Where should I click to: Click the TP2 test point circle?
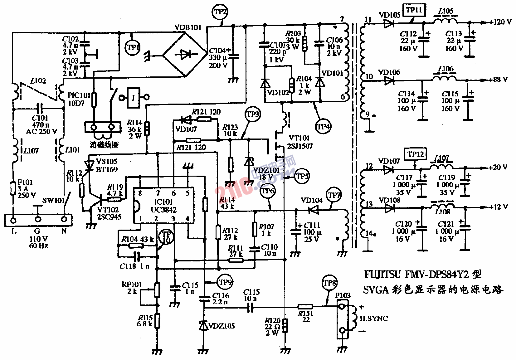point(220,12)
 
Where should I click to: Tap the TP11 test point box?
point(414,10)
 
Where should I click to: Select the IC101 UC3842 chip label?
point(163,206)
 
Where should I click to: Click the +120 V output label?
point(500,22)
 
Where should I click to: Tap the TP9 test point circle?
point(225,282)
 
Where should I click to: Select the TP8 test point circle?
point(329,283)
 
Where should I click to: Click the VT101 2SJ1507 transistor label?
point(300,142)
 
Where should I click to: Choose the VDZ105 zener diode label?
point(221,326)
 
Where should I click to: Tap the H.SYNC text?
point(374,319)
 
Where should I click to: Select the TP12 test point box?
point(415,154)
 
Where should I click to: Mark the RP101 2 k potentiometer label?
point(132,288)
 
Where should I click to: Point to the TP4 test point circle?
point(323,127)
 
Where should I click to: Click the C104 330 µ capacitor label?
point(219,58)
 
